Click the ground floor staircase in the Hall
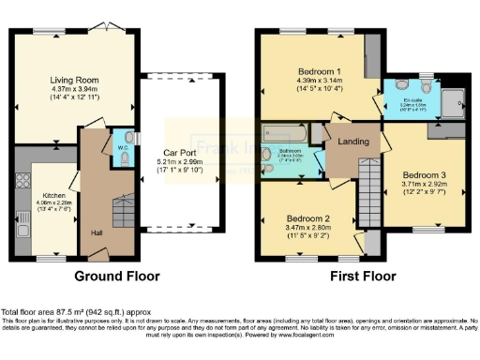coord(120,212)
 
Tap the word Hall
coord(97,232)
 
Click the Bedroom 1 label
coord(320,71)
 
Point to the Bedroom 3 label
coord(425,175)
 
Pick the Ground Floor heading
coord(117,276)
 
